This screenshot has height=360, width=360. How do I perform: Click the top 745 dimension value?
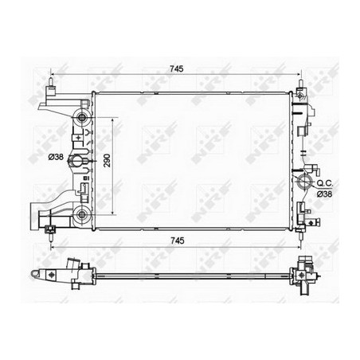pyautogui.click(x=177, y=68)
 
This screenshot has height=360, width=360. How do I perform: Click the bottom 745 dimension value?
pyautogui.click(x=178, y=241)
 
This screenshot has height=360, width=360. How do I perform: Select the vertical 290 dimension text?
pyautogui.click(x=107, y=160)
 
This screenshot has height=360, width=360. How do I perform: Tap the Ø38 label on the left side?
pyautogui.click(x=56, y=157)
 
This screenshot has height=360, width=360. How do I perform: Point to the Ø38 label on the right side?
pyautogui.click(x=324, y=194)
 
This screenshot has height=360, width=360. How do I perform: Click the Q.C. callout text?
pyautogui.click(x=324, y=183)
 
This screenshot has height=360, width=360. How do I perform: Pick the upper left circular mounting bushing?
pyautogui.click(x=81, y=117)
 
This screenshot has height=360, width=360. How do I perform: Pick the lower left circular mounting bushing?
pyautogui.click(x=81, y=214)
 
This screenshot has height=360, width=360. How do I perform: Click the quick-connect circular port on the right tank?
pyautogui.click(x=304, y=182)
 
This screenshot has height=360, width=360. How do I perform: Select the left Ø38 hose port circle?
pyautogui.click(x=76, y=161)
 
